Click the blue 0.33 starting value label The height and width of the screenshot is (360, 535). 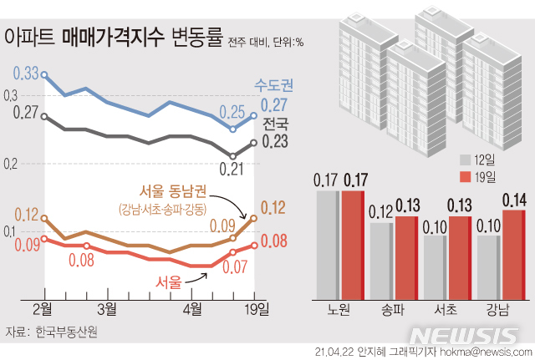(27, 74)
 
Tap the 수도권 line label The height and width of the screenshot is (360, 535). (275, 85)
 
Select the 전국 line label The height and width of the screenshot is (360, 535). (275, 124)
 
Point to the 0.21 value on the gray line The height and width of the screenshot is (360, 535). (231, 170)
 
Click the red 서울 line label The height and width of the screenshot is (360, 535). (168, 282)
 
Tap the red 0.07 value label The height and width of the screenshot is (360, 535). (234, 267)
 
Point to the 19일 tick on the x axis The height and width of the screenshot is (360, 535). (256, 310)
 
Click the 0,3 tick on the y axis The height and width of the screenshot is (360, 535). (9, 96)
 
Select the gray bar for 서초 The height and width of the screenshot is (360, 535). (435, 266)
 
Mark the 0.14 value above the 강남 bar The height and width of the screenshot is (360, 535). (513, 200)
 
